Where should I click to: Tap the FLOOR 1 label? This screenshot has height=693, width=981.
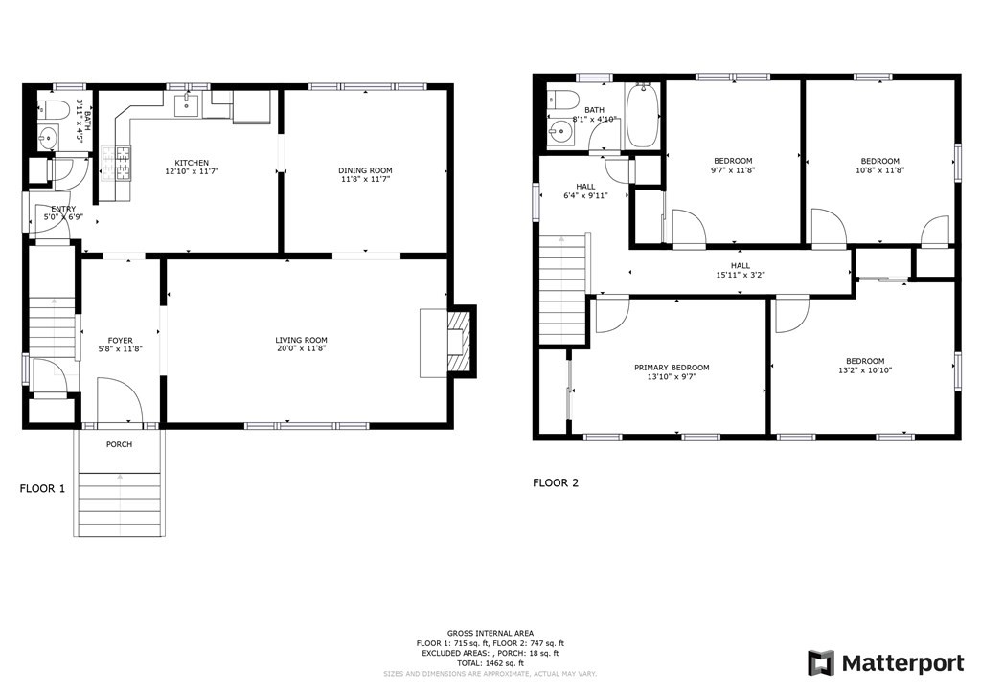click(x=43, y=488)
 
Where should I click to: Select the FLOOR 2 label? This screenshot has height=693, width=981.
click(x=556, y=483)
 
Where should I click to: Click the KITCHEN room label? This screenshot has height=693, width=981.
click(x=192, y=163)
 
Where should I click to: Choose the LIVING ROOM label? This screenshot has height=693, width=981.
click(x=302, y=340)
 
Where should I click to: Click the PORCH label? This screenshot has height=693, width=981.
click(x=119, y=444)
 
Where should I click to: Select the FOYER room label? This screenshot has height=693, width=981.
click(x=120, y=341)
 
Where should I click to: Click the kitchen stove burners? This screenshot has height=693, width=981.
click(x=124, y=164)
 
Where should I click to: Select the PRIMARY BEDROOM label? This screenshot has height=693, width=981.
click(x=672, y=368)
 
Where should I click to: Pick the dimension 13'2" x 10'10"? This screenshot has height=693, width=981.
click(x=864, y=370)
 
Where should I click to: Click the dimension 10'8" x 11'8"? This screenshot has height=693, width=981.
click(x=879, y=170)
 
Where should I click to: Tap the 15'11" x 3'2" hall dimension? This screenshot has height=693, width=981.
click(x=741, y=276)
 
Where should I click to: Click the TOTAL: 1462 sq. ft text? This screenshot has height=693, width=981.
click(x=489, y=662)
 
